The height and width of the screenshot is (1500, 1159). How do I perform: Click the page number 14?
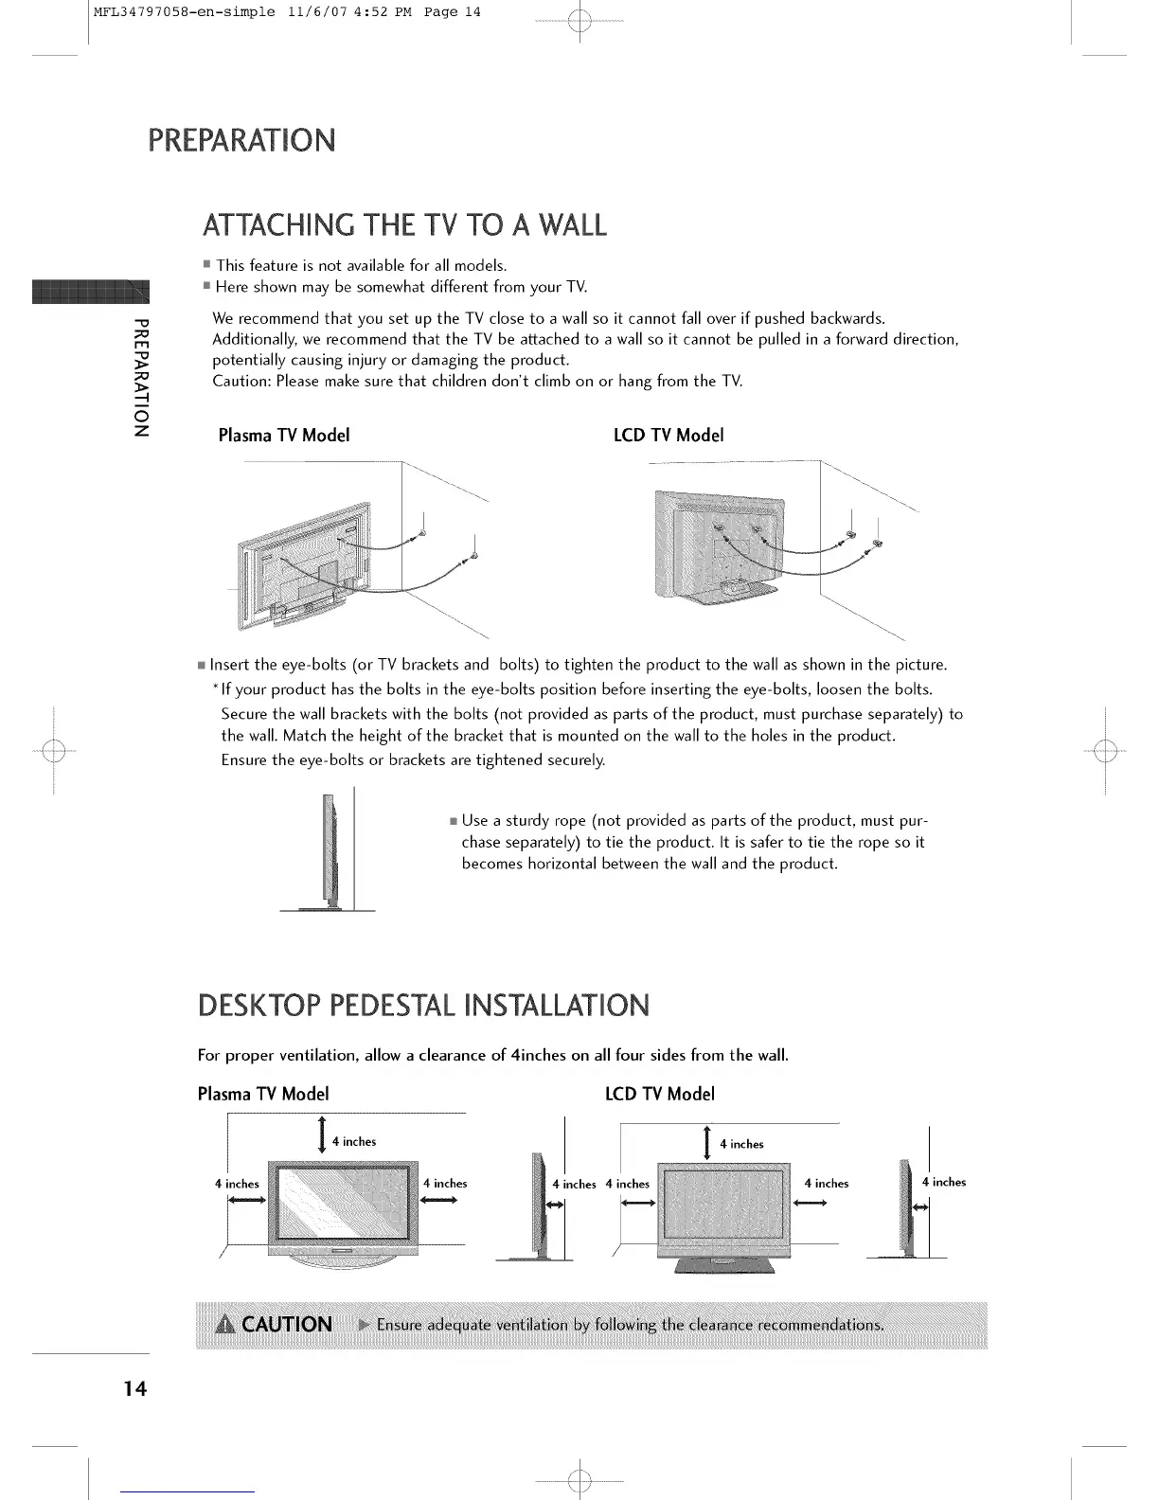coord(134,1389)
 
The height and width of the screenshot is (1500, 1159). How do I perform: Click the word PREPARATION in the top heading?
coord(241,140)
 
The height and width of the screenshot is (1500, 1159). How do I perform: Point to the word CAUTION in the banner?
coord(287,1324)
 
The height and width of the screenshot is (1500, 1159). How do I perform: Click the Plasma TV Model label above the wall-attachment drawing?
coord(284,436)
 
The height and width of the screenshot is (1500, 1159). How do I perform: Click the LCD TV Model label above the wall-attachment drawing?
coord(669,436)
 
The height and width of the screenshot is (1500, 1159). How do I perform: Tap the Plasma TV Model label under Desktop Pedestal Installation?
coord(263,1094)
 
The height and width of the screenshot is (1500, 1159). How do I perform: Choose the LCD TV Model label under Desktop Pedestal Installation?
coord(660,1094)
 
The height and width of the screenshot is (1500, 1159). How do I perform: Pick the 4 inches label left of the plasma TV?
coord(237,1184)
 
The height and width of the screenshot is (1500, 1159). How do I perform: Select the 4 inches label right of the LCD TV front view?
coord(826,1184)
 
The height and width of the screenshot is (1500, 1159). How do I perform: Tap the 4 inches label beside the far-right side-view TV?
coord(944,1182)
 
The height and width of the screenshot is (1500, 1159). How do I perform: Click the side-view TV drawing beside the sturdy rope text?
coord(330,852)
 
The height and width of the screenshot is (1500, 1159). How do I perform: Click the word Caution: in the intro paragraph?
coord(242,382)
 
